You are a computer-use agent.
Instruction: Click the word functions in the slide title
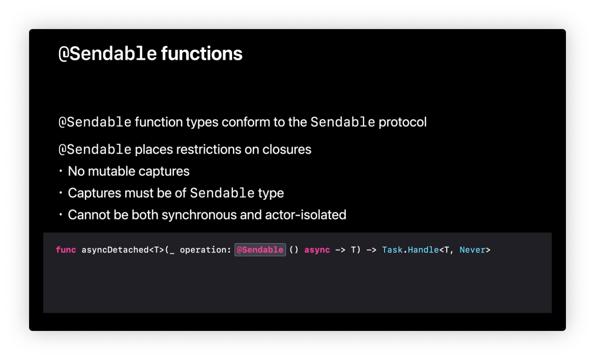pyautogui.click(x=202, y=53)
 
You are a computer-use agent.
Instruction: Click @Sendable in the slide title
pyautogui.click(x=108, y=53)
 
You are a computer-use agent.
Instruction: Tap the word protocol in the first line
pyautogui.click(x=402, y=122)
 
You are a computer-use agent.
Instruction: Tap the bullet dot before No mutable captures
pyautogui.click(x=61, y=171)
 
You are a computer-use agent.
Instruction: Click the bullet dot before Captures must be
pyautogui.click(x=61, y=193)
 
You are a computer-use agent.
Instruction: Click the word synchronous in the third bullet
pyautogui.click(x=199, y=215)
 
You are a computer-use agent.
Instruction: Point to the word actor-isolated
pyautogui.click(x=306, y=215)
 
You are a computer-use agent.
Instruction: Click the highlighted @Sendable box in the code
pyautogui.click(x=260, y=250)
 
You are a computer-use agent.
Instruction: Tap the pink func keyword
pyautogui.click(x=66, y=250)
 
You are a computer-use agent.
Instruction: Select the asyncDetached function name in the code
pyautogui.click(x=115, y=250)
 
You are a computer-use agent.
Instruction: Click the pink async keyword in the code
pyautogui.click(x=317, y=250)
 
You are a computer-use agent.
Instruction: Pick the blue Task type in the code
pyautogui.click(x=392, y=250)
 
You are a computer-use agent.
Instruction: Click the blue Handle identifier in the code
pyautogui.click(x=423, y=250)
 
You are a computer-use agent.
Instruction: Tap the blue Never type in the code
pyautogui.click(x=473, y=250)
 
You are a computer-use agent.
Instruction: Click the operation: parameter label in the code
pyautogui.click(x=205, y=250)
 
